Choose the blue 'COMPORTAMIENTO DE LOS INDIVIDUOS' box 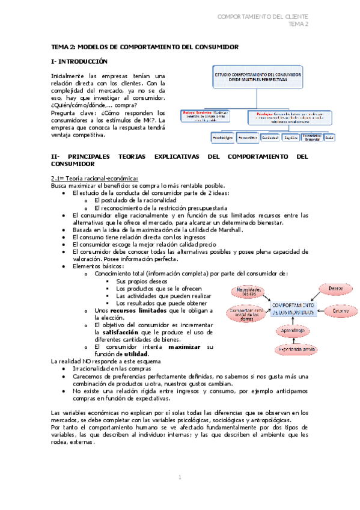tap(293, 309)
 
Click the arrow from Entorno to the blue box tap(320, 310)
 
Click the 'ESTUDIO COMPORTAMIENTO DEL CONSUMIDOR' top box tap(258, 76)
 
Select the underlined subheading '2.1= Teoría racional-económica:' tap(94, 178)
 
